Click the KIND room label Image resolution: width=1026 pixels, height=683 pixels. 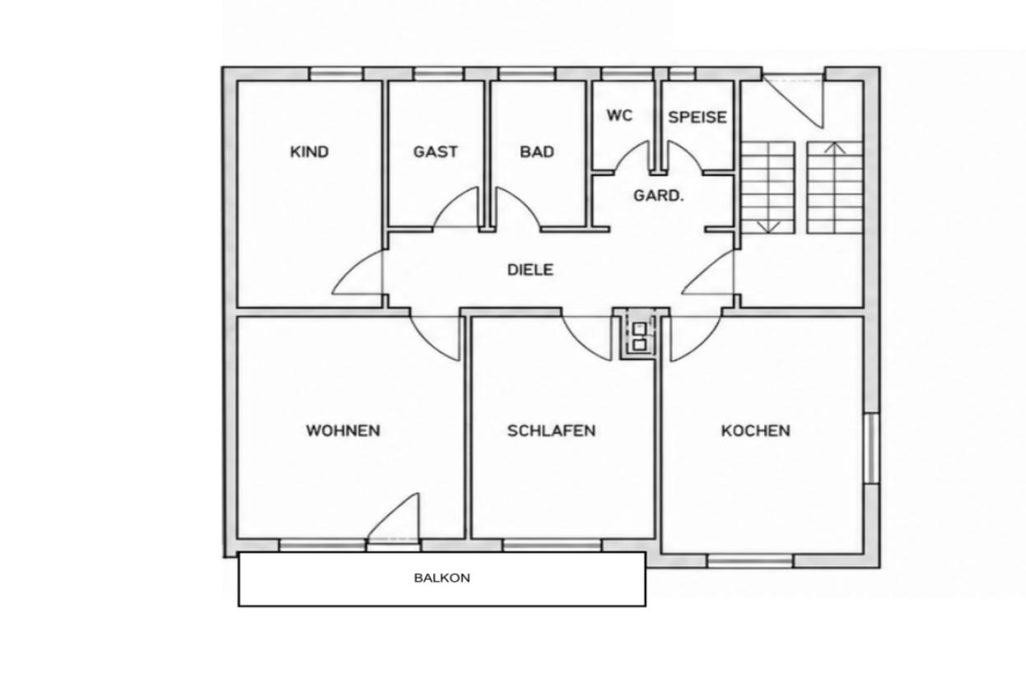click(x=310, y=151)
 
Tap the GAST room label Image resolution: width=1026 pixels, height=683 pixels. click(x=435, y=151)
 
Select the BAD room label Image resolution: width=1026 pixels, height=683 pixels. click(x=537, y=151)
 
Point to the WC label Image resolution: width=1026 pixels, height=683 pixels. click(x=619, y=115)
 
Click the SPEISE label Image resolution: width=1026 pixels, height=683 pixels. click(x=697, y=118)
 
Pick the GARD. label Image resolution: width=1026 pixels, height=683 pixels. click(x=658, y=196)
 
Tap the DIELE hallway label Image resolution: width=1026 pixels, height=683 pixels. click(x=530, y=270)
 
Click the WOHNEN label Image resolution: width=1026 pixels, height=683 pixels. click(x=343, y=430)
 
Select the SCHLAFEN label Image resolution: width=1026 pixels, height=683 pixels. click(x=552, y=430)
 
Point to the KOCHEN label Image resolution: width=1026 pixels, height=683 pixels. click(x=756, y=430)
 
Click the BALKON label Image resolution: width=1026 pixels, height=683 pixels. click(x=442, y=578)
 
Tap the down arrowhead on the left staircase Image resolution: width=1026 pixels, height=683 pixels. click(x=768, y=227)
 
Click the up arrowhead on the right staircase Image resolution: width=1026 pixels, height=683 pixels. click(x=835, y=147)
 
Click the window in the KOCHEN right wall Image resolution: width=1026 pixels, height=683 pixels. click(x=872, y=448)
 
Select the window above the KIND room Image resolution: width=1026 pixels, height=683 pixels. click(x=336, y=74)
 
